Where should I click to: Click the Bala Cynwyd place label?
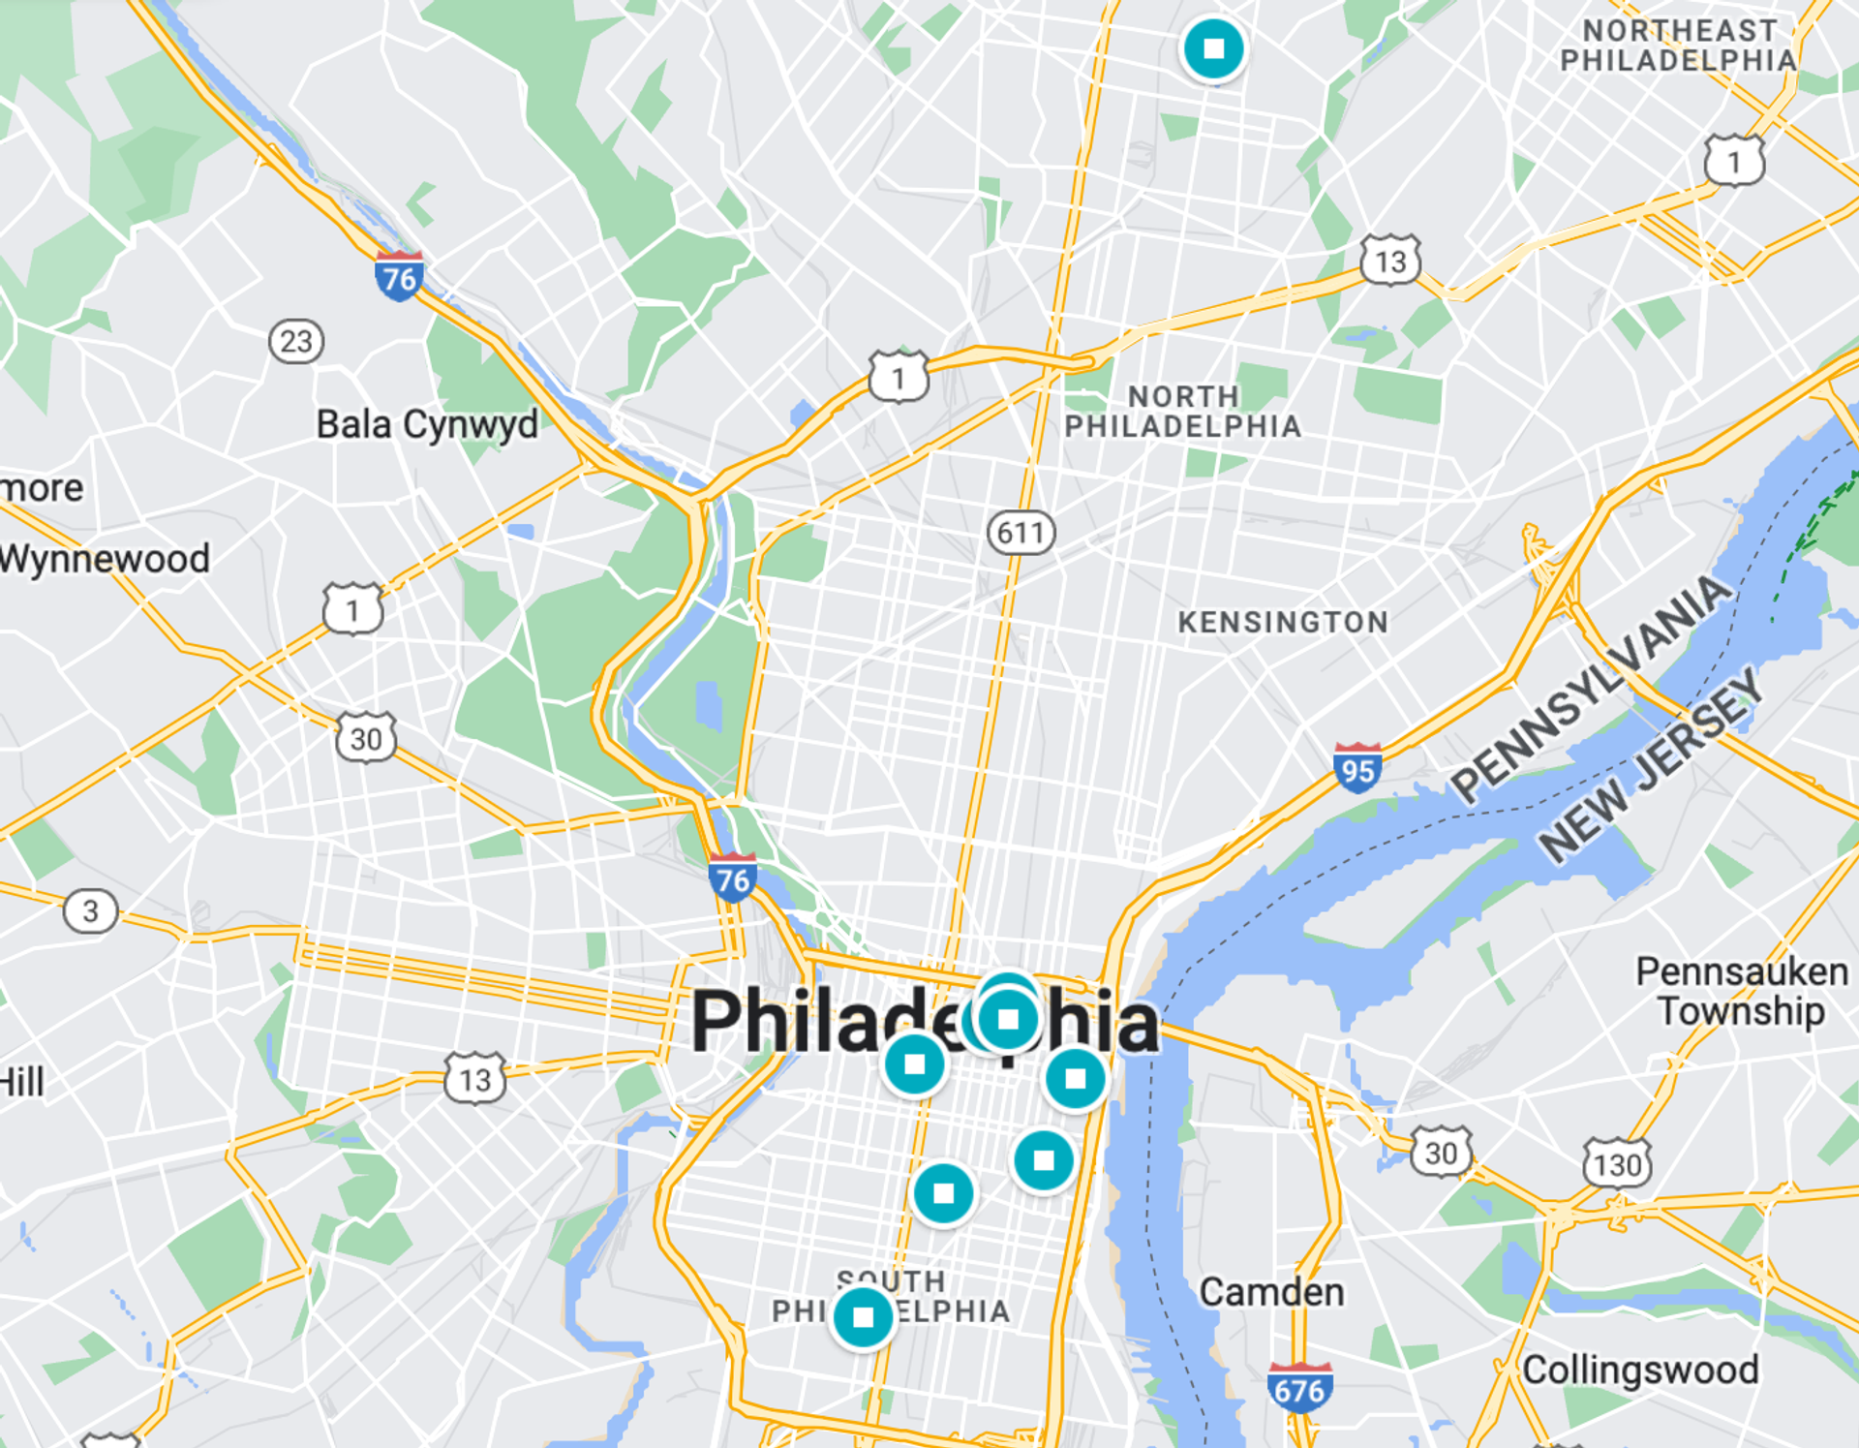[x=427, y=424]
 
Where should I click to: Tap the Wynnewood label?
[x=105, y=559]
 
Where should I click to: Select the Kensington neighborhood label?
[x=1283, y=622]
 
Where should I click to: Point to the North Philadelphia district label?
[x=1183, y=412]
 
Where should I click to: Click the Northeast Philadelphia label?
[x=1679, y=46]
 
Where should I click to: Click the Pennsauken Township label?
[x=1742, y=991]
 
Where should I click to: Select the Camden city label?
[x=1271, y=1292]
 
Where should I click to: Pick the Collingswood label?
[x=1640, y=1370]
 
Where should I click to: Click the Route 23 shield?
[x=296, y=341]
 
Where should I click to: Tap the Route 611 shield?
[x=1021, y=533]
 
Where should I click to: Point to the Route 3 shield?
[x=91, y=911]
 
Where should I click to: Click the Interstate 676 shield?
[x=1299, y=1389]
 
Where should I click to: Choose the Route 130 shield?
[x=1617, y=1163]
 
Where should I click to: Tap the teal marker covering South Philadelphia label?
[x=863, y=1318]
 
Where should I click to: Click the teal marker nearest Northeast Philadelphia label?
[x=1213, y=48]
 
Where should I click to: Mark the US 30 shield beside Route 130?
[x=1441, y=1153]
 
